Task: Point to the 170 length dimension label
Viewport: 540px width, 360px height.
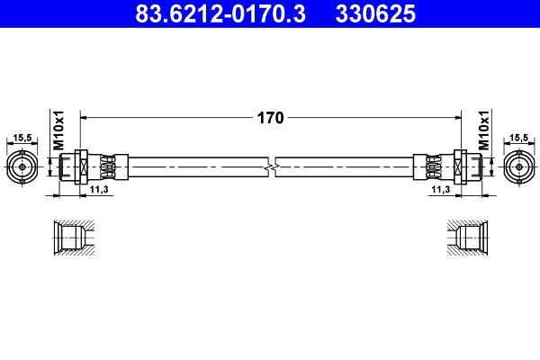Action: point(271,117)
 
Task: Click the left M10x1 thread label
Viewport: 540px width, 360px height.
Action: point(58,129)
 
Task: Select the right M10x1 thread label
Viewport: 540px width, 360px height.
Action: point(483,129)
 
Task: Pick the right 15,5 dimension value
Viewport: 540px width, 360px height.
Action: point(518,138)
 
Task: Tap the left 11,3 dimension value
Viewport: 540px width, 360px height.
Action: point(100,191)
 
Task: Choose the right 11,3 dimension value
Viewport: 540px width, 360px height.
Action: point(440,191)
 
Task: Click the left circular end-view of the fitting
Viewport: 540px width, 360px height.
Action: point(22,166)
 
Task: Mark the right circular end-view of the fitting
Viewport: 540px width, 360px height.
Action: point(518,166)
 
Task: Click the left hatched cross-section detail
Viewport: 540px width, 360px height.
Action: point(69,238)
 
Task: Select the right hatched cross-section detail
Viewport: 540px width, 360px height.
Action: point(470,238)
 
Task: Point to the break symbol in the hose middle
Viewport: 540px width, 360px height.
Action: point(271,166)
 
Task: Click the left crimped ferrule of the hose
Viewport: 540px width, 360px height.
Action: point(107,166)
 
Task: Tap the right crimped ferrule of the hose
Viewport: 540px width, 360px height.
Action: point(433,166)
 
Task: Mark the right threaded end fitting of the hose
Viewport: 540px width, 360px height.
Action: point(469,166)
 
